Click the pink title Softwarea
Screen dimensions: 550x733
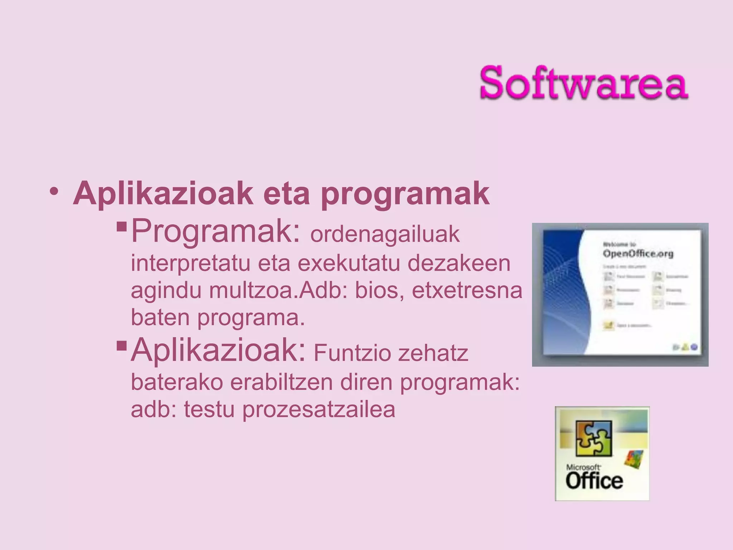pos(583,83)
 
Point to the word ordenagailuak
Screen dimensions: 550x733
pos(385,235)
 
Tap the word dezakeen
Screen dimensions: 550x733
pos(459,263)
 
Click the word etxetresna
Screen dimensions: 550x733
pos(467,290)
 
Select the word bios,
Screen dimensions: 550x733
pos(379,290)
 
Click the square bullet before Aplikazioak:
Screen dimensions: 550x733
pos(122,346)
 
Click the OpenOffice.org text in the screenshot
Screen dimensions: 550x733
pos(638,254)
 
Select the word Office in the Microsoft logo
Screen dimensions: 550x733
pos(594,481)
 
